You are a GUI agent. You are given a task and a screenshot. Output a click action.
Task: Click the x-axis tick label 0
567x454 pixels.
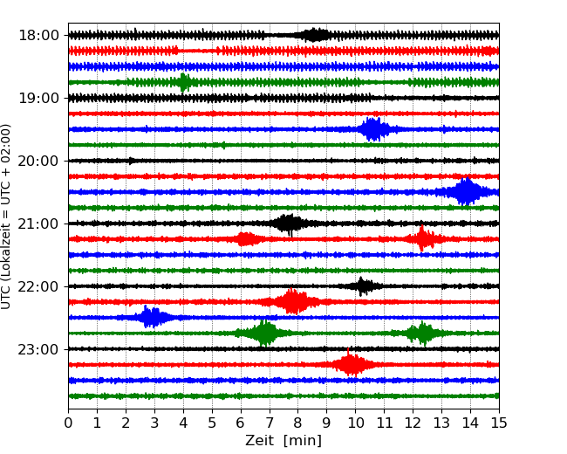point(69,423)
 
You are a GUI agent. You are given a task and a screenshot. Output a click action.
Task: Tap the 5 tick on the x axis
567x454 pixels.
point(212,423)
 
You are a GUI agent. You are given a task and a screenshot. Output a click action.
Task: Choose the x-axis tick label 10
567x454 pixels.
point(355,423)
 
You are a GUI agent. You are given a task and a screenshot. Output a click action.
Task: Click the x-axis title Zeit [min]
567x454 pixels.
point(283,441)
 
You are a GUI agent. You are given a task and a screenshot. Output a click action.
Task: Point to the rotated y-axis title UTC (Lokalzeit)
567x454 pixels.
point(7,216)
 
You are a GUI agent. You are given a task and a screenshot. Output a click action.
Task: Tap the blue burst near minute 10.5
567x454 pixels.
point(373,129)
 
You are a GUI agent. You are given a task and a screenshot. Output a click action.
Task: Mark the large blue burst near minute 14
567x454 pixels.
point(467,192)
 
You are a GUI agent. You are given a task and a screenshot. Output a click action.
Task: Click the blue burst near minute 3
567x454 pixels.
point(153,318)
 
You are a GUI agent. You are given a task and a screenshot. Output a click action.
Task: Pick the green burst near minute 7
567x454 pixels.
point(264,334)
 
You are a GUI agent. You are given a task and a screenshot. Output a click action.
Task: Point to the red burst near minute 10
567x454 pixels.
point(351,364)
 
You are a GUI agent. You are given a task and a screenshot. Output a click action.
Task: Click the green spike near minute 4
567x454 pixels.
point(183,82)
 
